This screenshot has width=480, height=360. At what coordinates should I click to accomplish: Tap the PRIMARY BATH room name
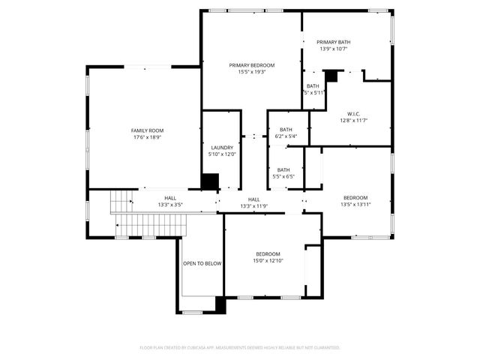click(334, 42)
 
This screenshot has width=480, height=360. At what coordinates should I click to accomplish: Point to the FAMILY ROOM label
click(147, 130)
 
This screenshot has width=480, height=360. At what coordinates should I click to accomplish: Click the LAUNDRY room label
click(222, 148)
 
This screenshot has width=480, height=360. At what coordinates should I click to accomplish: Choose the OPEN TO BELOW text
click(202, 263)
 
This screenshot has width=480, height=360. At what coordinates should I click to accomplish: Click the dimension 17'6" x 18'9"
click(147, 137)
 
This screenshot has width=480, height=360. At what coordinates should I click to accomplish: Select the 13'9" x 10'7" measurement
click(334, 49)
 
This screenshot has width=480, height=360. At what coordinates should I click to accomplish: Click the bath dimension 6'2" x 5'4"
click(286, 136)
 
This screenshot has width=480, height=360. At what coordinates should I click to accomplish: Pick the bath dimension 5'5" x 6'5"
click(283, 177)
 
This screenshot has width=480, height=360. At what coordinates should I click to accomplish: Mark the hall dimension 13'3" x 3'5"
click(170, 205)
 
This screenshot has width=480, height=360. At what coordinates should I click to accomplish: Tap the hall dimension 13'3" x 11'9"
click(253, 205)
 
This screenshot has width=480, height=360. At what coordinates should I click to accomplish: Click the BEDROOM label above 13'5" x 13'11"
click(355, 197)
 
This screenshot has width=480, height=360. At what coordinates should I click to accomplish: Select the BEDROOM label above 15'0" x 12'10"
click(268, 253)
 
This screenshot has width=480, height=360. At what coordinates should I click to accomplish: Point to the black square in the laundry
click(211, 182)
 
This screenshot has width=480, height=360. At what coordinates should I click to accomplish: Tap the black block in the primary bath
click(331, 76)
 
